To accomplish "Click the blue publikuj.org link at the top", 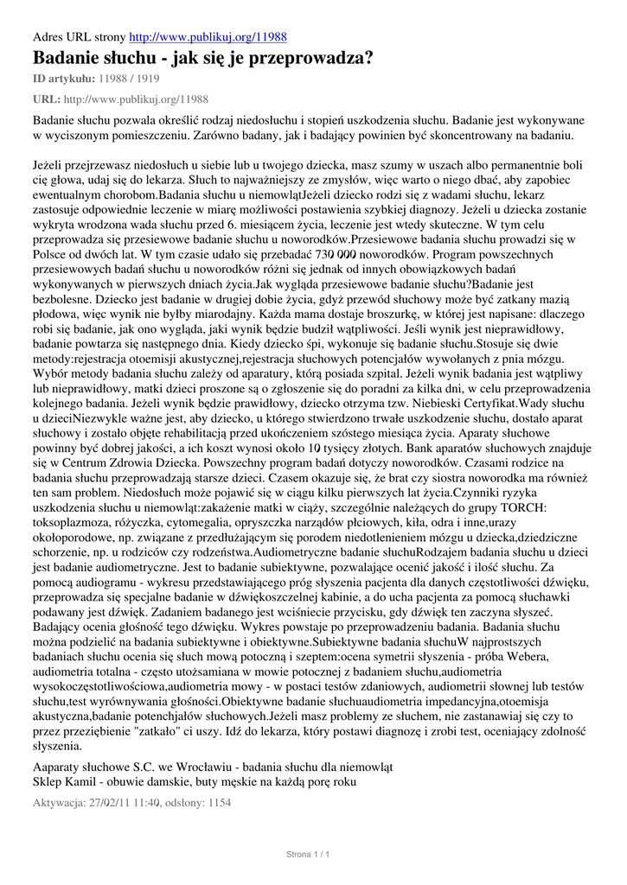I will point(208,38).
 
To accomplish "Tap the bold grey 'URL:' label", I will point(47,99).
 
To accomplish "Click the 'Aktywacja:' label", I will point(60,803).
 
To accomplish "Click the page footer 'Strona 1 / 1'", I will point(309,855).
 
